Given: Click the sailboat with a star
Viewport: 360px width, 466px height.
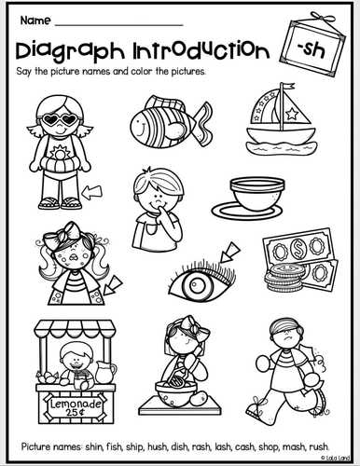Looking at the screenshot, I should [x=283, y=123].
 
